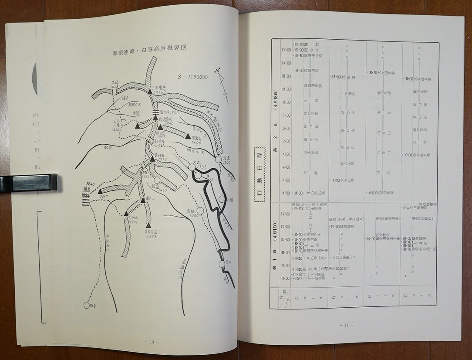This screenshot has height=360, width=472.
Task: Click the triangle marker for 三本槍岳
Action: [149, 92]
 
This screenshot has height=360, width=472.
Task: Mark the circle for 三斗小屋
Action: [123, 122]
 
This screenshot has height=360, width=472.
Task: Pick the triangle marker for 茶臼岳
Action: [152, 159]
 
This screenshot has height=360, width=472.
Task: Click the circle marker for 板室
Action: [87, 306]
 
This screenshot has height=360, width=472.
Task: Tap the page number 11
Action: [346, 325]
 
